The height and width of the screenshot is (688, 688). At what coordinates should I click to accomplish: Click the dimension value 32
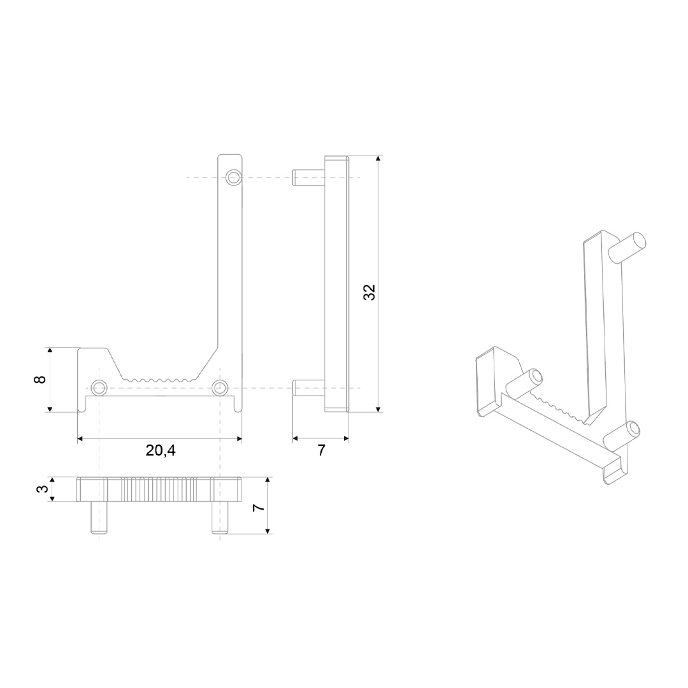369,292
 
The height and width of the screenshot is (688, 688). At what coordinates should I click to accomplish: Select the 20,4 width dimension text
161,450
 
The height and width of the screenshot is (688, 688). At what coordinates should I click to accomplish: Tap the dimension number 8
40,380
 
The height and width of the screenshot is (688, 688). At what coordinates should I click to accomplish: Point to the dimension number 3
43,488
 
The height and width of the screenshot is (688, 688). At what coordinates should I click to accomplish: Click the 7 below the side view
321,450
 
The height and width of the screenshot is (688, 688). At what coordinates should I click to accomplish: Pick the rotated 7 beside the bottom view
259,507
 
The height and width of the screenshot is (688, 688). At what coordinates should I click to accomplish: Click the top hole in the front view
233,177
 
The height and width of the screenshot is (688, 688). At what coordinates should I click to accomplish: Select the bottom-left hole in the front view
99,387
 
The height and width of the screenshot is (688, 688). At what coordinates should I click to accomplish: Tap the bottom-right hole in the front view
220,387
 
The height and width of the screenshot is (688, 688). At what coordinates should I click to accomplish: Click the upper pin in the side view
309,178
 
